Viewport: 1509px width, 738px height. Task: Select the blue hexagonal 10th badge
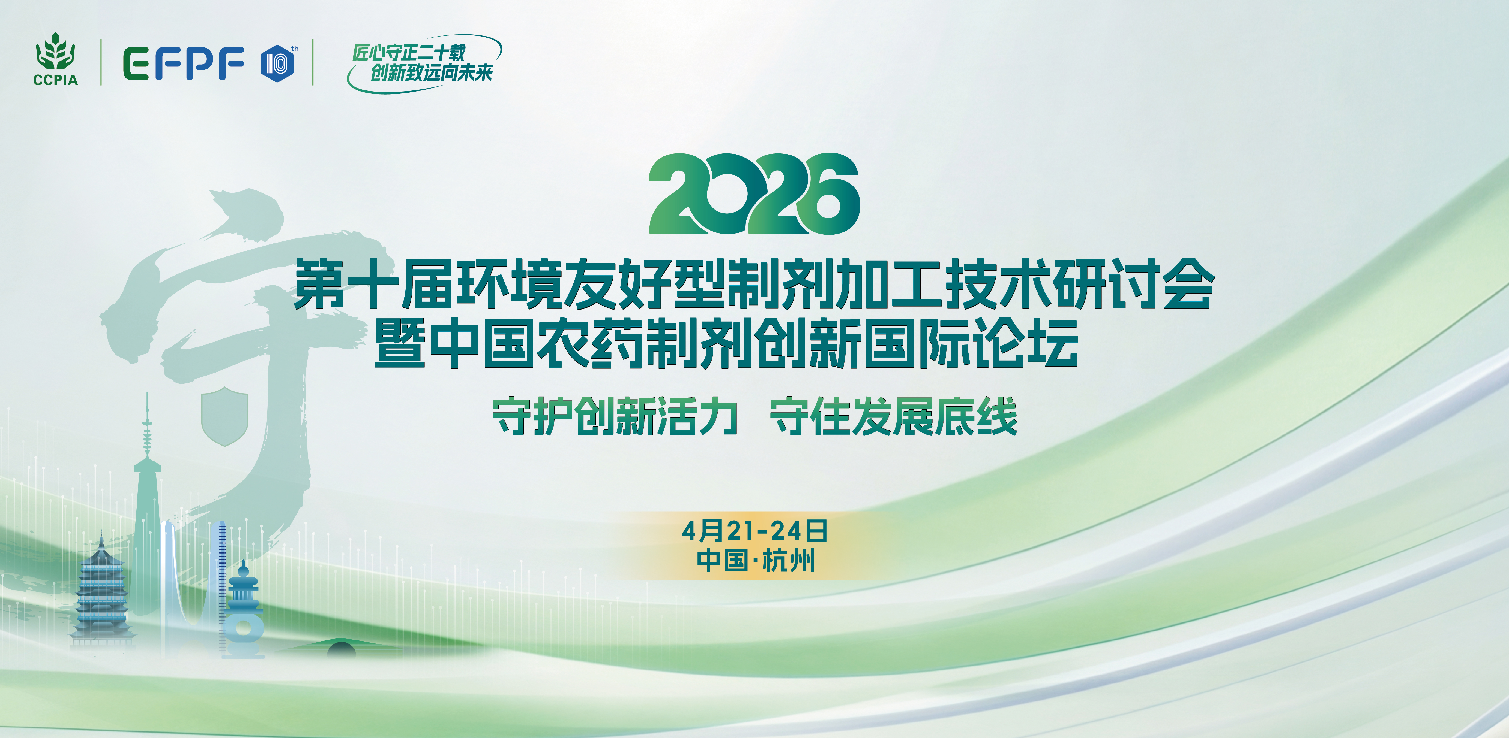(x=277, y=63)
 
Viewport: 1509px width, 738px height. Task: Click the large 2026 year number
(x=754, y=194)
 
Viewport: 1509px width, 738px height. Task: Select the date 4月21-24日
(x=754, y=531)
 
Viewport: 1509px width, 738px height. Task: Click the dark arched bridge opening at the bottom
(x=342, y=650)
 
